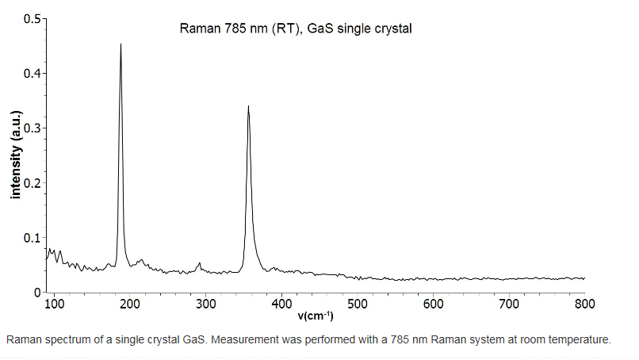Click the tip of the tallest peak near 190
pyautogui.click(x=121, y=44)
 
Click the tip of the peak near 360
pyautogui.click(x=248, y=106)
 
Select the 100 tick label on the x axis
pyautogui.click(x=54, y=304)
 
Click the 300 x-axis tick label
pyautogui.click(x=205, y=304)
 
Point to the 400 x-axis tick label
pyautogui.click(x=281, y=304)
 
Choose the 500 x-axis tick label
pyautogui.click(x=357, y=304)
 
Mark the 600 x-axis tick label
pyautogui.click(x=433, y=304)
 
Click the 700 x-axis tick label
pyautogui.click(x=509, y=304)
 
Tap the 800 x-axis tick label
pyautogui.click(x=584, y=304)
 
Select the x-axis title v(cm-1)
pyautogui.click(x=316, y=316)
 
